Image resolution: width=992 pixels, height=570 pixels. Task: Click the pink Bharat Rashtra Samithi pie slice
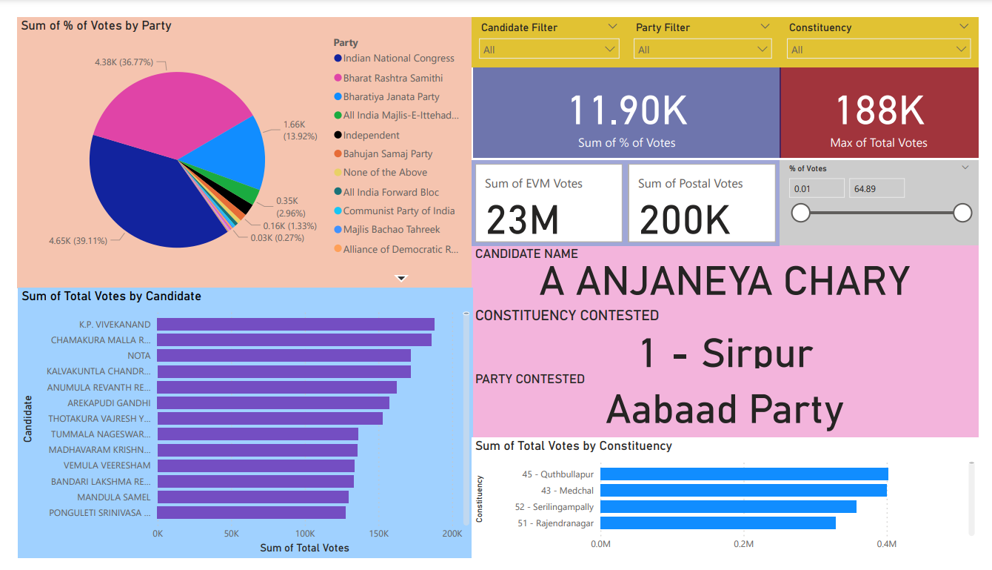(x=170, y=104)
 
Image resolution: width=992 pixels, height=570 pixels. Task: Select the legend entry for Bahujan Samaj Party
(x=387, y=154)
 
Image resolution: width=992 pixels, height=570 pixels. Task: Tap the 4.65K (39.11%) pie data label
(x=78, y=241)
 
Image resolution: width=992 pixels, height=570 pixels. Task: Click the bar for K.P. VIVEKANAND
(x=295, y=325)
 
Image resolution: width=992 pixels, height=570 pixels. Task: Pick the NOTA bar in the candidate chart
(x=284, y=356)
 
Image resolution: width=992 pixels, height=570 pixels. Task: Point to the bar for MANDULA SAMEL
(x=252, y=497)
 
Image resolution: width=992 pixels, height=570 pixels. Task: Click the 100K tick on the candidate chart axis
(x=305, y=534)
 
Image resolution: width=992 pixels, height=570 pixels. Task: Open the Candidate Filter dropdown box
(x=549, y=50)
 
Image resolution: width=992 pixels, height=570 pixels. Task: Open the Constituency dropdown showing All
(x=879, y=50)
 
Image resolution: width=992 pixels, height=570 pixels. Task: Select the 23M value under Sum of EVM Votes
(x=523, y=220)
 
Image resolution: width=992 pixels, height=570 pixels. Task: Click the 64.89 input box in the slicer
(x=877, y=189)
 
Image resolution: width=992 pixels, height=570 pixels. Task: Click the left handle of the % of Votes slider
(x=800, y=213)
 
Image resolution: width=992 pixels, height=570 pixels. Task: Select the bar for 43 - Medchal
(x=743, y=491)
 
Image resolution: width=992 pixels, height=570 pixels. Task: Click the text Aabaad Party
(x=725, y=410)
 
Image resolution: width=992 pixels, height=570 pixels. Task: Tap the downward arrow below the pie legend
(x=401, y=279)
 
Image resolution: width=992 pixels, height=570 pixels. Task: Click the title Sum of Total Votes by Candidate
(x=112, y=296)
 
